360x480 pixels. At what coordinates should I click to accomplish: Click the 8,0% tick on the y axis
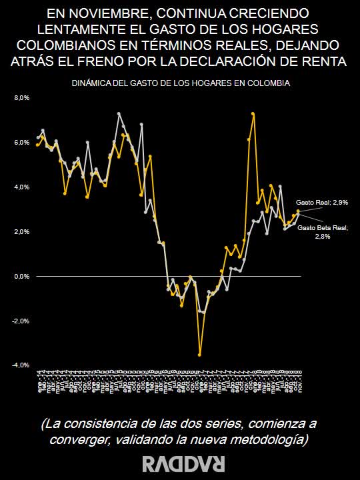(22, 98)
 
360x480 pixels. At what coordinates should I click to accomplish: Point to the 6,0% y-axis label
(22, 143)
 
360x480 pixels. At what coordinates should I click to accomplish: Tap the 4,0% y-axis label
(22, 187)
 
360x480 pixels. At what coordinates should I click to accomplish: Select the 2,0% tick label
(22, 232)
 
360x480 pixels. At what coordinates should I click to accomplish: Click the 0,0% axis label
(22, 276)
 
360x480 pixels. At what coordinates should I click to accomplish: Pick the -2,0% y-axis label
(21, 321)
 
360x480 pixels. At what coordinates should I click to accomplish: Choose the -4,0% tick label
(21, 365)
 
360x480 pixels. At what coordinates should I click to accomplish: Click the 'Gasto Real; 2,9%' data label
(322, 201)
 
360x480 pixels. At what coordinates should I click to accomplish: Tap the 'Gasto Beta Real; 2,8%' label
(323, 231)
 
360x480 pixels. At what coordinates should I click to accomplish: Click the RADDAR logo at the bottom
(179, 463)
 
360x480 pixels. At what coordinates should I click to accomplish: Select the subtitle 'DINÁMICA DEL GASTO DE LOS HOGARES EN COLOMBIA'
(180, 83)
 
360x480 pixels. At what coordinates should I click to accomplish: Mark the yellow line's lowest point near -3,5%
(199, 355)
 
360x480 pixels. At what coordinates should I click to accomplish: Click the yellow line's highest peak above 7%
(253, 114)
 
